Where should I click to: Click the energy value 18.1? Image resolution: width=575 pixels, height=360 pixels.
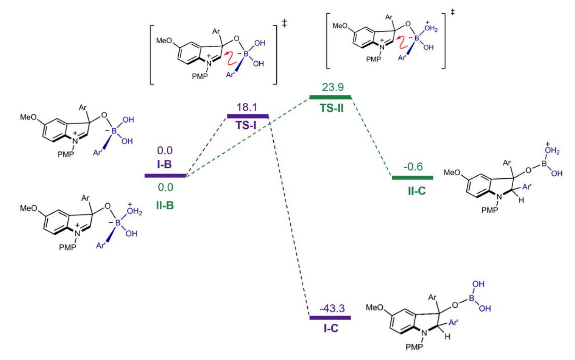[247, 107]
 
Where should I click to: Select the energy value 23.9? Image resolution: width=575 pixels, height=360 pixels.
[333, 87]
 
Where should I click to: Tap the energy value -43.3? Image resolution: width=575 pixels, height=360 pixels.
[332, 309]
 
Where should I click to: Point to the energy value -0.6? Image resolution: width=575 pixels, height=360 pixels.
[413, 167]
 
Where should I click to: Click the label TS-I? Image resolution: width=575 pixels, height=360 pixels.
[246, 125]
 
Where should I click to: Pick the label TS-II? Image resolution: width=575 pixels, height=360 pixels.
[332, 108]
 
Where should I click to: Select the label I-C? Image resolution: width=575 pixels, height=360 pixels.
[331, 328]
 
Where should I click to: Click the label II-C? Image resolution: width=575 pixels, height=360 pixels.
[416, 191]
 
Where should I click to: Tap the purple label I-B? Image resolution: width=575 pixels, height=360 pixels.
[165, 164]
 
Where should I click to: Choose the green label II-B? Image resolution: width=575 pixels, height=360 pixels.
[165, 206]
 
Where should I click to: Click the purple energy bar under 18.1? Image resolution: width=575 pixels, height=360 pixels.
[248, 116]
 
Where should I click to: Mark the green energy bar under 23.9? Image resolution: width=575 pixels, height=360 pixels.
[330, 97]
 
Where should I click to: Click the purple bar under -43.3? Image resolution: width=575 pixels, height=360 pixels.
[330, 318]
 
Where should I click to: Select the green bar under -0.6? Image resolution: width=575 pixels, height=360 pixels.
[413, 177]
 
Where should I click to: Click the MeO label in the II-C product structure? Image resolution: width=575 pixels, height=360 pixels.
[452, 173]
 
